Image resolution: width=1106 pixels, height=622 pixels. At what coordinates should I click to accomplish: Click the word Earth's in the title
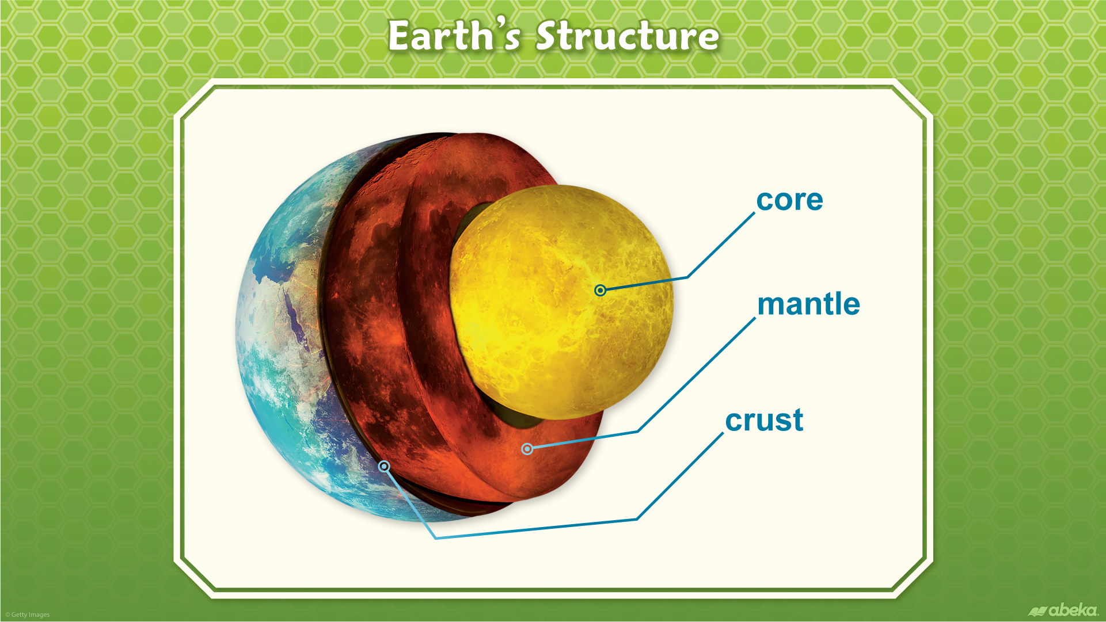[x=454, y=36]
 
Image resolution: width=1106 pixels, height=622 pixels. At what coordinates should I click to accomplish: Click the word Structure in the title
[x=628, y=36]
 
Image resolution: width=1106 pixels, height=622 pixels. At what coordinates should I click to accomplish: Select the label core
[x=789, y=200]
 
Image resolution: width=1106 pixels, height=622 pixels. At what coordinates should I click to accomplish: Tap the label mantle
[x=808, y=303]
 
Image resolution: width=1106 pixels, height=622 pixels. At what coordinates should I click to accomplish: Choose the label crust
[x=764, y=420]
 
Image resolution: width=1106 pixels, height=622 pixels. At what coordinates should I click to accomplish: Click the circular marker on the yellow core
[x=600, y=290]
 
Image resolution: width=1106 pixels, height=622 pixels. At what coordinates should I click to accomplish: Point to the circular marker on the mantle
[x=527, y=448]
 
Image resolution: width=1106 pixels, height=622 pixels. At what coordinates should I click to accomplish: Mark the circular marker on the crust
[x=384, y=466]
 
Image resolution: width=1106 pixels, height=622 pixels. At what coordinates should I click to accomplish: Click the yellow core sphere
[x=561, y=302]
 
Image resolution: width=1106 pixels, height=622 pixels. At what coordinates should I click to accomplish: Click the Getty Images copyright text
[x=28, y=615]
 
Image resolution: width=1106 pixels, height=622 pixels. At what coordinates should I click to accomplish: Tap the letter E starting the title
[x=401, y=36]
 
